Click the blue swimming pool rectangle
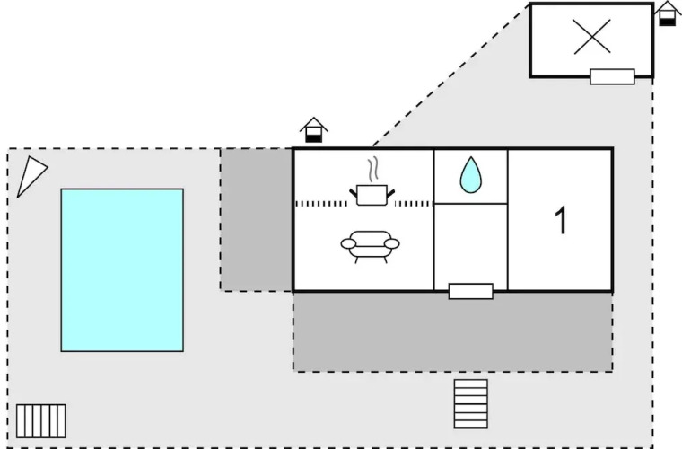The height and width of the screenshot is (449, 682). click(122, 269)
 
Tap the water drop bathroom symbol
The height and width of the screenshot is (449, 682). click(470, 175)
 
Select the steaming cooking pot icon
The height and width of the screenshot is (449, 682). click(371, 194)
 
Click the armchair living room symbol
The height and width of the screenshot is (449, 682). click(371, 244)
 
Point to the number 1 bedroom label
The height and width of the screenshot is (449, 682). click(561, 221)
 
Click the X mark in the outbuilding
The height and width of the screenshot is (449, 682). click(591, 36)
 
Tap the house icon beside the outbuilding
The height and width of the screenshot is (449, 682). click(667, 13)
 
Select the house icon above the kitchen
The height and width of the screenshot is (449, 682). click(313, 130)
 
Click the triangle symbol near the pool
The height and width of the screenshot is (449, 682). click(31, 175)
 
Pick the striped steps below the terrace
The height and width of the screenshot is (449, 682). click(471, 403)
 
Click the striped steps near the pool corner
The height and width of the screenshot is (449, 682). click(41, 420)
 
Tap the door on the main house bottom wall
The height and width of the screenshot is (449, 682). click(471, 291)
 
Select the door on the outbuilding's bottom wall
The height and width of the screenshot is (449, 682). click(612, 76)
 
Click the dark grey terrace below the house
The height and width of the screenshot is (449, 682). click(452, 331)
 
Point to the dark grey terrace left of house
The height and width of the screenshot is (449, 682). click(257, 220)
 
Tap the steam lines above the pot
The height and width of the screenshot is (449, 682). click(372, 170)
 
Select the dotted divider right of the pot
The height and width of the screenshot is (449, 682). click(414, 204)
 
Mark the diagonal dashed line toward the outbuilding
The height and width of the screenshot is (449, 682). click(449, 75)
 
